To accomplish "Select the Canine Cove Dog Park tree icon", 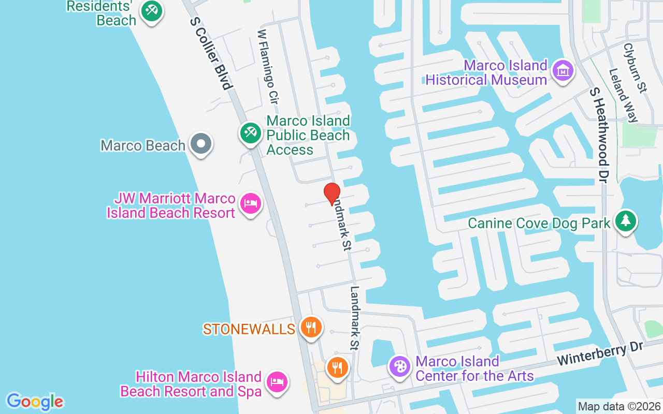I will click(626, 221).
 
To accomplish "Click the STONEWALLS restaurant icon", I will click(310, 327).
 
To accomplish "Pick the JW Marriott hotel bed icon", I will click(251, 203).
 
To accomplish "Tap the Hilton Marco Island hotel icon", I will click(277, 382).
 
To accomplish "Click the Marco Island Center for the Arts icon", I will click(399, 367).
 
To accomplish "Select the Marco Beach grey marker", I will click(200, 144).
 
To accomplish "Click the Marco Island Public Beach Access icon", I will click(251, 133).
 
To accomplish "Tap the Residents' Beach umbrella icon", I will click(151, 10).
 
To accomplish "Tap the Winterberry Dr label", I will click(599, 353).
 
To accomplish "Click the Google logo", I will click(35, 402).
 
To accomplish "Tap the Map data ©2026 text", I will click(619, 407).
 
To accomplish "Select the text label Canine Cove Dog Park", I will click(539, 223).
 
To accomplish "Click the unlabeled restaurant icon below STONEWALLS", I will click(337, 367).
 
